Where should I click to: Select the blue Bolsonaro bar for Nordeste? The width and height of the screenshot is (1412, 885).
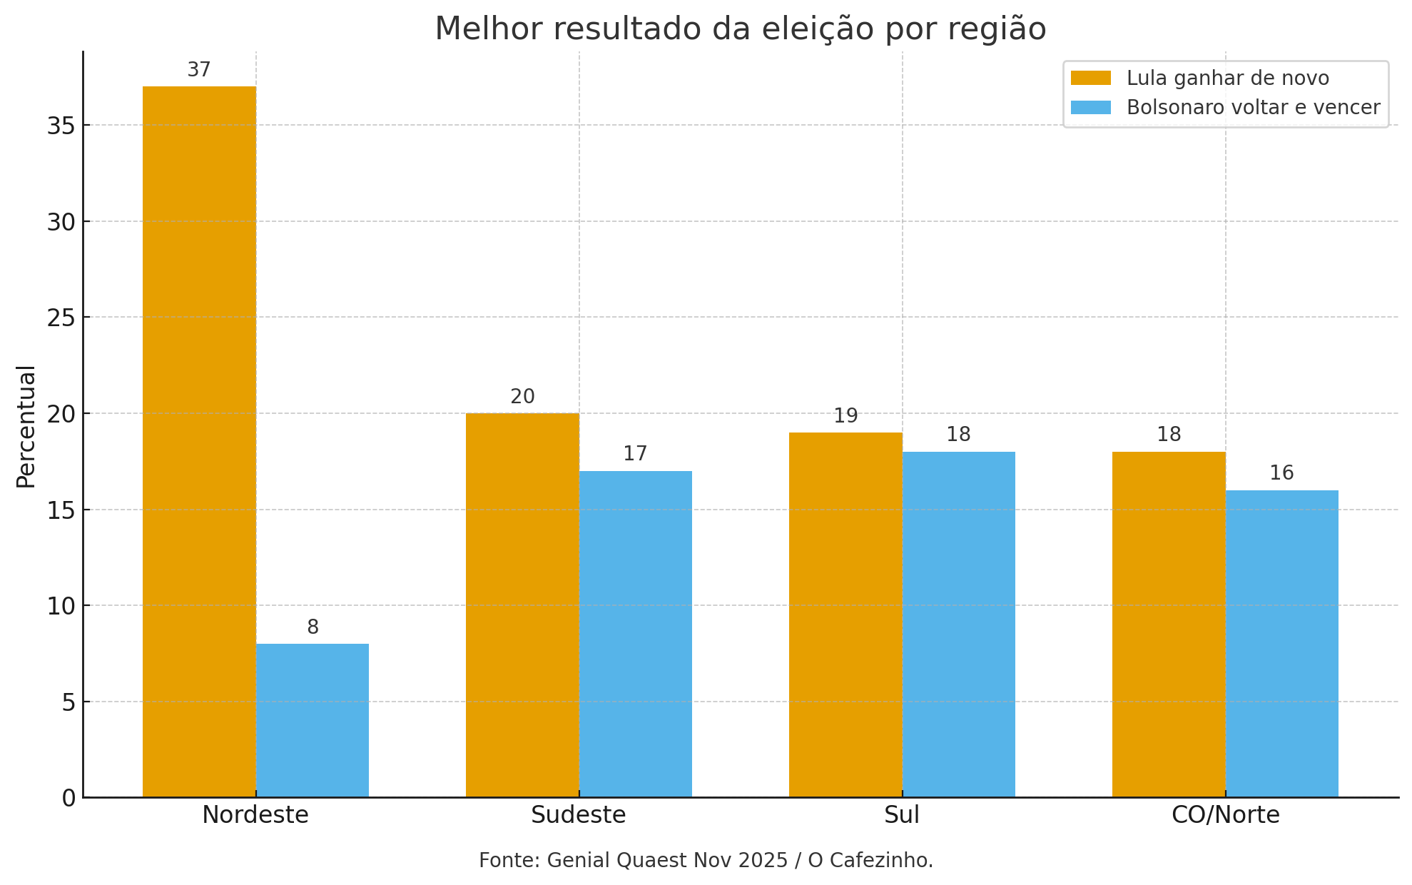tap(312, 720)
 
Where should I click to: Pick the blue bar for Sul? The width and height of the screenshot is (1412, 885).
tap(958, 624)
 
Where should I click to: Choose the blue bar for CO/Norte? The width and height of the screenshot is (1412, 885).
tap(1281, 643)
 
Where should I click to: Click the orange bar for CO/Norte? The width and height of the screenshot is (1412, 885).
tap(1169, 624)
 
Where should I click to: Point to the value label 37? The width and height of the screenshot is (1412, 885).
tap(199, 70)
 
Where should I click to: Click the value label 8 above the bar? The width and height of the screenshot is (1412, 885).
tap(313, 627)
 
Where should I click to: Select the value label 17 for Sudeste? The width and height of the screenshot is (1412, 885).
tap(635, 454)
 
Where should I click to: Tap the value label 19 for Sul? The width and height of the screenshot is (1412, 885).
tap(845, 415)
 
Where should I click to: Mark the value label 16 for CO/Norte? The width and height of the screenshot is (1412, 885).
tap(1281, 473)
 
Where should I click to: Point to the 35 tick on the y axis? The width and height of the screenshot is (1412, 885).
tap(61, 126)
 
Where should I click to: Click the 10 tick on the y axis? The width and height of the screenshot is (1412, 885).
tap(61, 606)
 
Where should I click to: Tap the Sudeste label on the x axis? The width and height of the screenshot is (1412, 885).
tap(578, 815)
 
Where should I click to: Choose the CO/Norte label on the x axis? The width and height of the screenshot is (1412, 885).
tap(1225, 815)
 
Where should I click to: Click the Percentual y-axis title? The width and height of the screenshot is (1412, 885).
tap(26, 426)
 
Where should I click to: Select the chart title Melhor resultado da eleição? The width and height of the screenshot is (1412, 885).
tap(740, 29)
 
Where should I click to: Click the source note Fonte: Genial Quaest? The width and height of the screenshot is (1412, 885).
tap(706, 860)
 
